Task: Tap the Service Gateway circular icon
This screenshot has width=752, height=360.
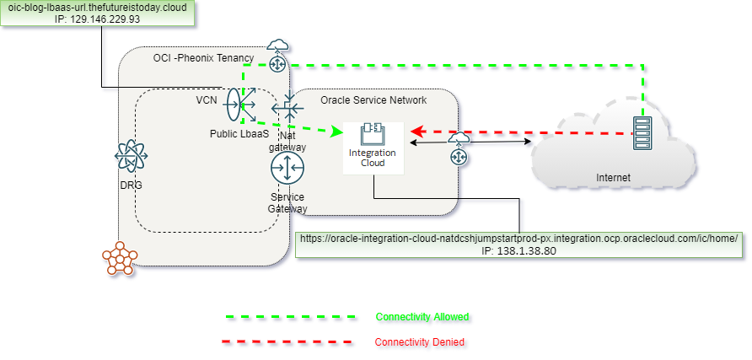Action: pos(287,169)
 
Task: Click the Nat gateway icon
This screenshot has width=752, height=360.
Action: pos(287,110)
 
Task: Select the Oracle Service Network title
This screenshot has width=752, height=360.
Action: pos(373,100)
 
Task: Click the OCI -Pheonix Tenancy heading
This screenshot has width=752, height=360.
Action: pos(203,57)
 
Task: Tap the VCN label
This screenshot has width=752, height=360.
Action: pos(207,99)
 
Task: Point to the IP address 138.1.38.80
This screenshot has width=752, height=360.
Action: pos(518,251)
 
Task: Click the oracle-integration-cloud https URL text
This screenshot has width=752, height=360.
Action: pos(518,239)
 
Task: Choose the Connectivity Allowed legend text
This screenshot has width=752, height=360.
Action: pos(422,317)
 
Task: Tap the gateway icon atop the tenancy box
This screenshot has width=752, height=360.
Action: pos(277,53)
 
